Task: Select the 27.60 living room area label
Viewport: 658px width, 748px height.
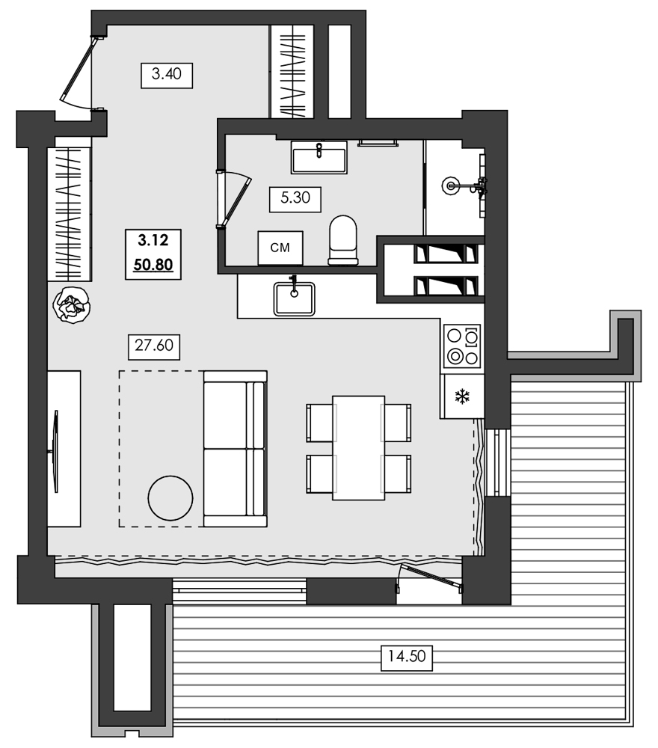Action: coord(155,346)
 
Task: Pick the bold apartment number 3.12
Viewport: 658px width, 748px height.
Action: coord(153,240)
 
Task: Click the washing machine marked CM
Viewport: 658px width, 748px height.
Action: coord(280,248)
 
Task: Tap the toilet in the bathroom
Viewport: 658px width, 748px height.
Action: coord(343,240)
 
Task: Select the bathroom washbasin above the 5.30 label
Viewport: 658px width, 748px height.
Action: coord(319,157)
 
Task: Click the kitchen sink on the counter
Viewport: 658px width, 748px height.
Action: coord(294,298)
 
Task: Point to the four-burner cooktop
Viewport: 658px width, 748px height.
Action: coord(461,346)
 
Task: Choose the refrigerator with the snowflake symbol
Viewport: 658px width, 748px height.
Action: coord(462,396)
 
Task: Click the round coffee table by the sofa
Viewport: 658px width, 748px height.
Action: coord(170,497)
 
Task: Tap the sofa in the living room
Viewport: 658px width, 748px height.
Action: coord(235,448)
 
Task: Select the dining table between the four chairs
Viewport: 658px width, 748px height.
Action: coord(358,447)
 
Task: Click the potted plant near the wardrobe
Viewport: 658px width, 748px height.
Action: coord(71,304)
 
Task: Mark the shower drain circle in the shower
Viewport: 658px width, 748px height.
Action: coord(452,184)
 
